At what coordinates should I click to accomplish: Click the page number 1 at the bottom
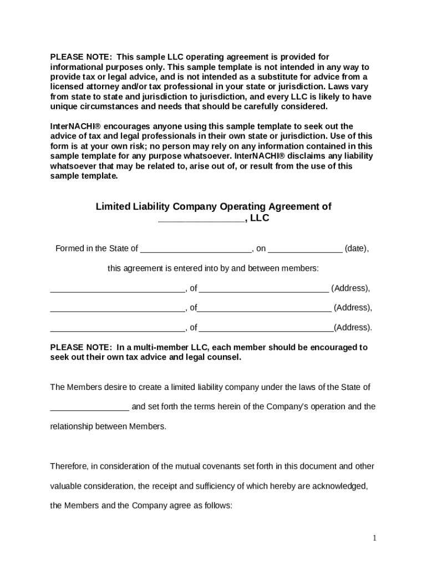(374, 538)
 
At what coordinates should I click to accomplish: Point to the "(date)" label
(356, 248)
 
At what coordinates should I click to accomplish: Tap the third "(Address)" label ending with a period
(353, 327)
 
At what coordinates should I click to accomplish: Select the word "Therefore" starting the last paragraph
(69, 466)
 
